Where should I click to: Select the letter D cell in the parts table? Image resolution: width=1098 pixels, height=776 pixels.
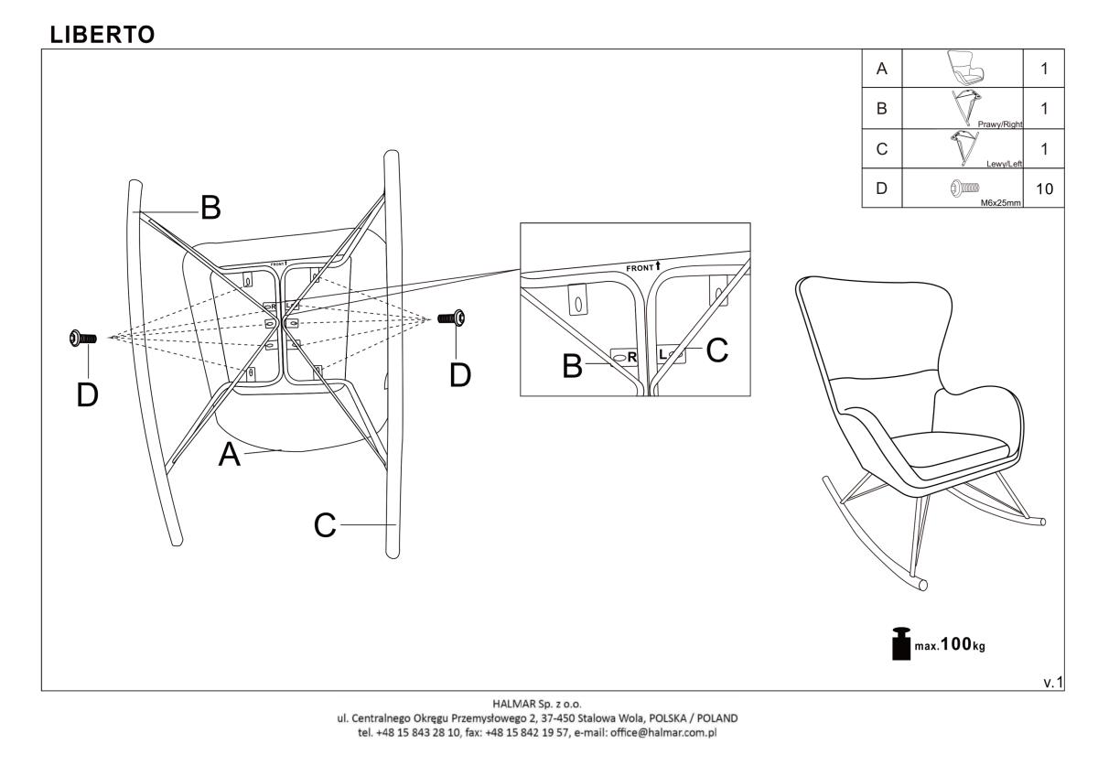click(881, 189)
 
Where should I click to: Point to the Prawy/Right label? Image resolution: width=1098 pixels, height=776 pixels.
click(1000, 123)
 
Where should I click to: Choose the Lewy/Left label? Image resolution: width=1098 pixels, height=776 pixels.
click(1003, 163)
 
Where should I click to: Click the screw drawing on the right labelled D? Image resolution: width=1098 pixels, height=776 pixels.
click(454, 318)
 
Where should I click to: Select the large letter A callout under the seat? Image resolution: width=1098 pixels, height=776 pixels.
click(230, 455)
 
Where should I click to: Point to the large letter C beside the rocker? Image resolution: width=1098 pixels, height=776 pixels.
click(325, 525)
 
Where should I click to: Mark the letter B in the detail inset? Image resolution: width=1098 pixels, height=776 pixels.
click(573, 366)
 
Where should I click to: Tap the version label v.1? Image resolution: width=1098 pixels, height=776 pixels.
click(1052, 682)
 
